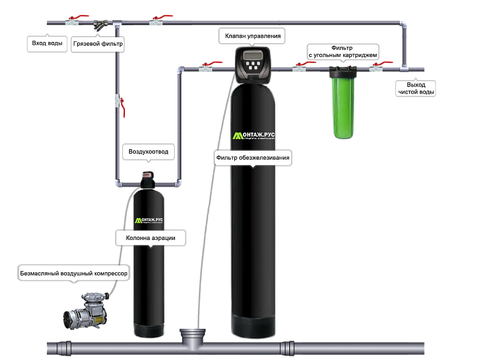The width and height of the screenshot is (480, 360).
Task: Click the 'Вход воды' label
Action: coord(46,44)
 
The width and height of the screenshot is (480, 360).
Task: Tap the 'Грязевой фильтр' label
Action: coord(97,44)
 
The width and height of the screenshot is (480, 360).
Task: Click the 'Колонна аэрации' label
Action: coord(151,238)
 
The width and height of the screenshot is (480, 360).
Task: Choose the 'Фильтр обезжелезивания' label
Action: coord(253,158)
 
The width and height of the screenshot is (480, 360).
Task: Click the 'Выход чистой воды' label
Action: coord(416,88)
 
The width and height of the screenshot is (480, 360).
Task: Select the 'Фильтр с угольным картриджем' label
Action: coord(342,51)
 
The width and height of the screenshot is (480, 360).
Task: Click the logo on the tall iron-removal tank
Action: coord(254,136)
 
